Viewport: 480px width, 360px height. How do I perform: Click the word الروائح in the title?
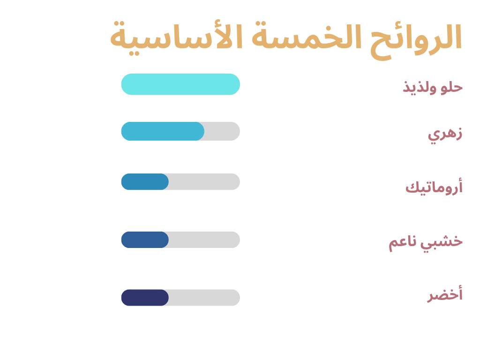(416, 40)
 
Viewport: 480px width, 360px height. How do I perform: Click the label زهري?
(445, 135)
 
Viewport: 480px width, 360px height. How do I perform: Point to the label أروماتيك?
(434, 187)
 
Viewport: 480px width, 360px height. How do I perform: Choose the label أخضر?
(445, 293)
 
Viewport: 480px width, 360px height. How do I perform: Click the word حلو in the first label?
(451, 87)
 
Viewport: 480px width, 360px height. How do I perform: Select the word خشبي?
(441, 242)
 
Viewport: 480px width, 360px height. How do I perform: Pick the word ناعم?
(402, 243)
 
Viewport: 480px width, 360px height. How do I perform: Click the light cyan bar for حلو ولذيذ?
(180, 84)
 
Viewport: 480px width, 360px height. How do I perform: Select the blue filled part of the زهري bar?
(163, 131)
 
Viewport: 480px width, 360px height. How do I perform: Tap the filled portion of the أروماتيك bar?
(145, 182)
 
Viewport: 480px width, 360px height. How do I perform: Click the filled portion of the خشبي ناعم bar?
(145, 240)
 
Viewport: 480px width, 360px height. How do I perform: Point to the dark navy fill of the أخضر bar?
(145, 298)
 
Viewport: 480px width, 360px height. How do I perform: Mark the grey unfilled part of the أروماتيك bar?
(204, 182)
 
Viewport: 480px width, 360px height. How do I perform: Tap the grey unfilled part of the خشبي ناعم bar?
(204, 240)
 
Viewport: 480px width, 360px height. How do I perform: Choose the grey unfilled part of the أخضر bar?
(204, 298)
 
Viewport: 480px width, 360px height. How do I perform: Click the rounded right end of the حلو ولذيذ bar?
(240, 84)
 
